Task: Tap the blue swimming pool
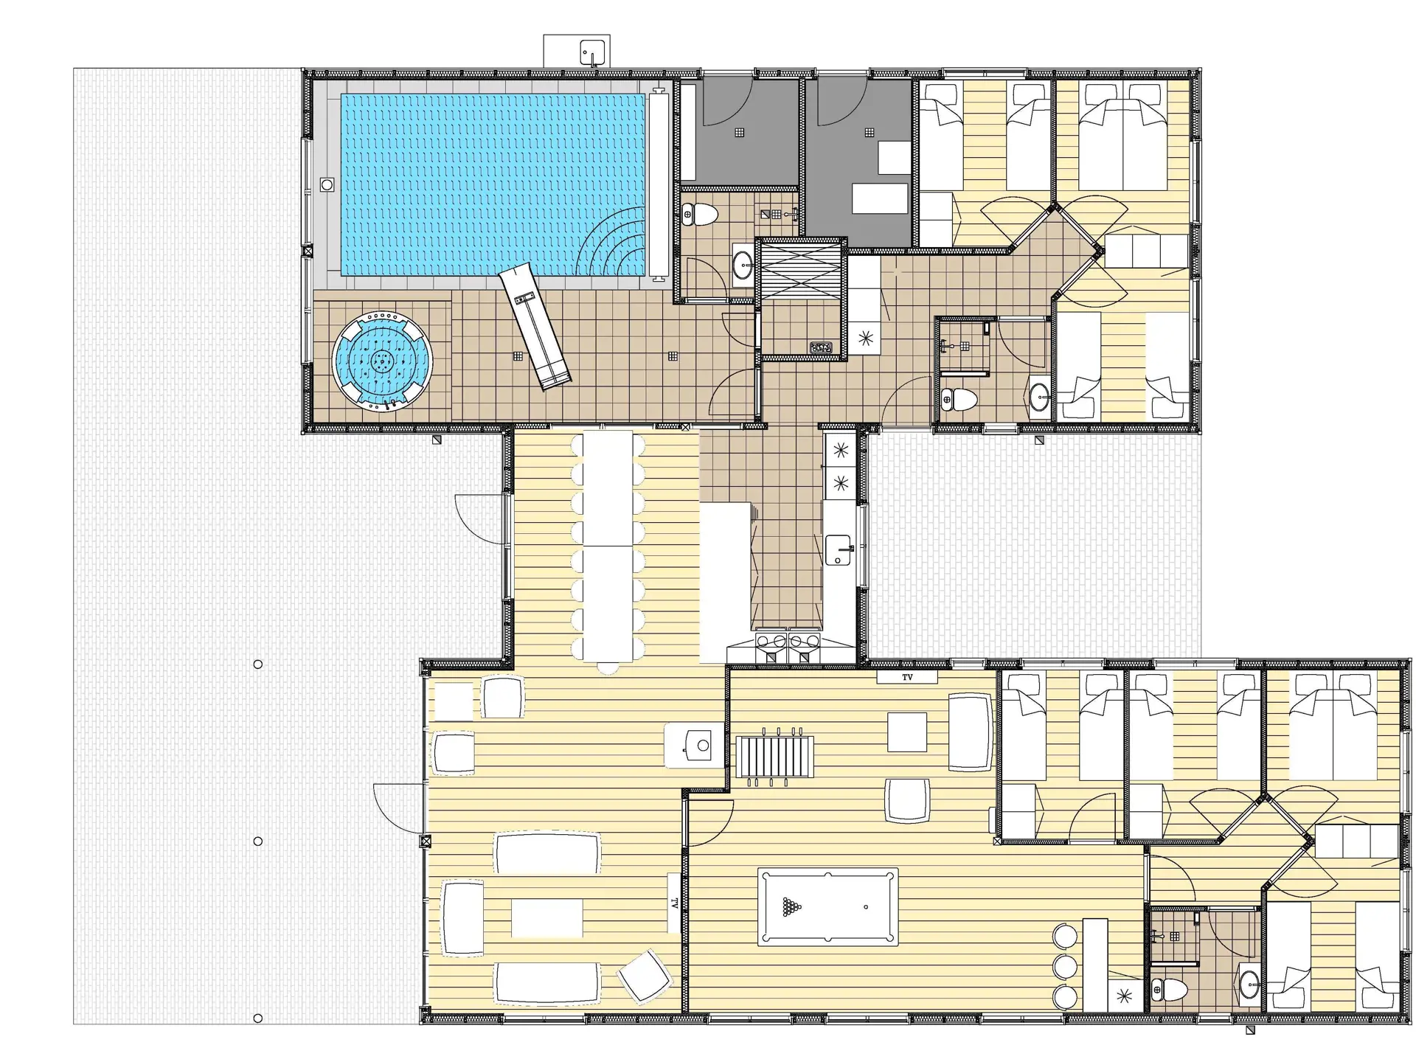coord(492,184)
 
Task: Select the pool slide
coord(535,327)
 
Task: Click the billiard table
coord(827,906)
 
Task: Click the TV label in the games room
coord(907,676)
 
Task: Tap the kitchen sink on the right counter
coord(839,549)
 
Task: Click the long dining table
coord(607,547)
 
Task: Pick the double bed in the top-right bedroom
coord(1122,137)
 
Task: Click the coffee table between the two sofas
coord(546,917)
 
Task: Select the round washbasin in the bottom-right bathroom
coord(1249,982)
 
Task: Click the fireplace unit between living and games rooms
coord(693,746)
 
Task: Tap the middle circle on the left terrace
coord(257,841)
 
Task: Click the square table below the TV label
coord(906,732)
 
